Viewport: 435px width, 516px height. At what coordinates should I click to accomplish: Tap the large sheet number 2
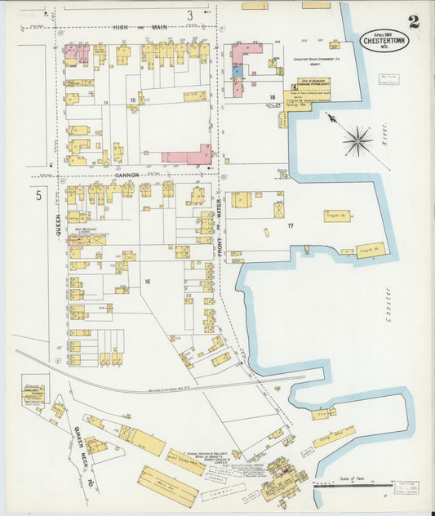click(x=414, y=21)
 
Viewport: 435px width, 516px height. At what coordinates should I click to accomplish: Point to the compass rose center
click(x=357, y=141)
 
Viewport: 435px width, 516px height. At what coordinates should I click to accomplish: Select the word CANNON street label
click(x=127, y=175)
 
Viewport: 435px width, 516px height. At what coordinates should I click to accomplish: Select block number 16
click(x=148, y=281)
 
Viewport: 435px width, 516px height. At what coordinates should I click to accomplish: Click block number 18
click(x=272, y=97)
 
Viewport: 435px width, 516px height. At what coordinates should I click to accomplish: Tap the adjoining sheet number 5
click(x=38, y=196)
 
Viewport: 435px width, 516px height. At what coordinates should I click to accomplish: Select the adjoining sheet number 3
click(x=189, y=14)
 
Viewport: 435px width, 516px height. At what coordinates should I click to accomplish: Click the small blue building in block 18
click(x=237, y=71)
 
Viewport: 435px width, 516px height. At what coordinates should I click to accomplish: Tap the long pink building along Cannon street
click(x=186, y=156)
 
